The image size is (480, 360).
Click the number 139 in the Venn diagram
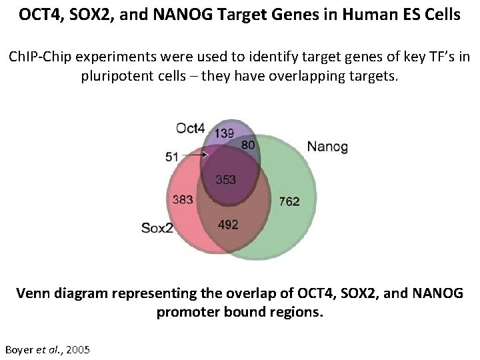(x=225, y=133)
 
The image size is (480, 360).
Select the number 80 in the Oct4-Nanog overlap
(x=248, y=145)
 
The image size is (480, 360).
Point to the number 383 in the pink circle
(x=183, y=200)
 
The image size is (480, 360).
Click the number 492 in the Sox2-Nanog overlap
(x=228, y=225)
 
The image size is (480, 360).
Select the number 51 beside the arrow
(x=171, y=157)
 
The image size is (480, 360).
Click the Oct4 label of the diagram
(x=191, y=127)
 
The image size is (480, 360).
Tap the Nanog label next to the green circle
(x=327, y=147)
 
